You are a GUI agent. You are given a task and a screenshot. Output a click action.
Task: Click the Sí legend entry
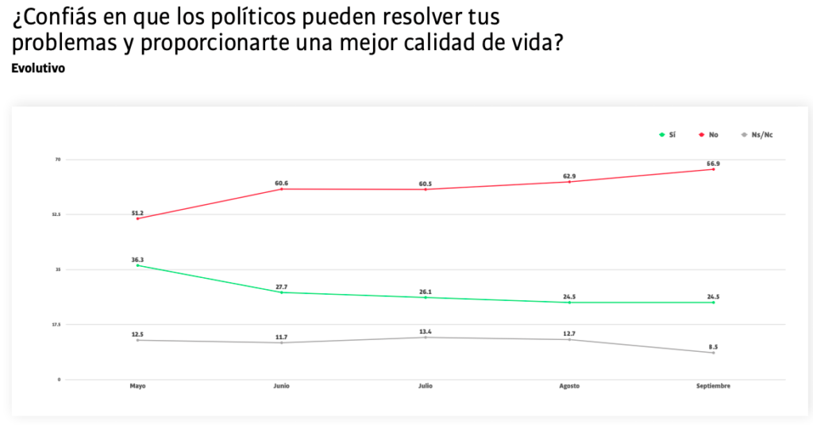tap(667, 135)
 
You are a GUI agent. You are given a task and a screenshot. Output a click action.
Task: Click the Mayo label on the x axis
tap(137, 386)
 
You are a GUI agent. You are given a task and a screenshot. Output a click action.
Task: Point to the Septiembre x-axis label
tap(713, 386)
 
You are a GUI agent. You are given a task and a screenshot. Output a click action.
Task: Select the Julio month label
tap(426, 386)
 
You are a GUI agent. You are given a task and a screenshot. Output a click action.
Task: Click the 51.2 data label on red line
tap(137, 213)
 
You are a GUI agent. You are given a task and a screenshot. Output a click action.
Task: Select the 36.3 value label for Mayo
tap(137, 259)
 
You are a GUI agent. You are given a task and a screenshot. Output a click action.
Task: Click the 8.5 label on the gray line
tap(713, 346)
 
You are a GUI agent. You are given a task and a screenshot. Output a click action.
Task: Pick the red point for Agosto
tap(569, 182)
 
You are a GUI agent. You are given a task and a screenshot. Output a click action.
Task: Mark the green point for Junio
tap(282, 292)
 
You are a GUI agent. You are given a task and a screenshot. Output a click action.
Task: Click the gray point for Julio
tap(426, 338)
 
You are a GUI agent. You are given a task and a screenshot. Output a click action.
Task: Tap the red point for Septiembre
tap(713, 169)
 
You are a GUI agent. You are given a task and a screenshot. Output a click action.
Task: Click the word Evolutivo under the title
tap(38, 68)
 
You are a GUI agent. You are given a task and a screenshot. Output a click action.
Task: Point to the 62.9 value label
tap(569, 176)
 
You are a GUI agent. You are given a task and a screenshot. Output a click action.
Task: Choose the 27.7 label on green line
tap(282, 286)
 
